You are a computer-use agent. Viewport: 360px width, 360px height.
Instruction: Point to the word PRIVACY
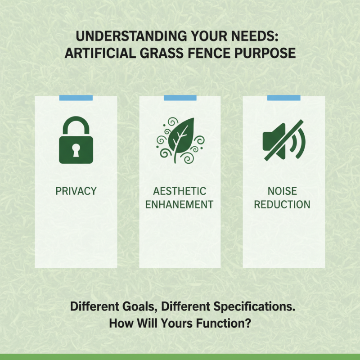pyautogui.click(x=76, y=191)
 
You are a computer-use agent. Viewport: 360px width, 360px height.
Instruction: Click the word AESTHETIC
pyautogui.click(x=180, y=191)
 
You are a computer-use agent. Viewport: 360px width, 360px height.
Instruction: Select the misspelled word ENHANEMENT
pyautogui.click(x=180, y=205)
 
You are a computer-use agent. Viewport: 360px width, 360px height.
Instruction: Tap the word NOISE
pyautogui.click(x=283, y=191)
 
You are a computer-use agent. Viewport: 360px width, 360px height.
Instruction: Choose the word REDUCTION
pyautogui.click(x=283, y=205)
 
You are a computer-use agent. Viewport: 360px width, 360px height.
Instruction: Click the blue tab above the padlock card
pyautogui.click(x=76, y=98)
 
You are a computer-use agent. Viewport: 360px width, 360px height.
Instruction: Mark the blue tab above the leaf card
pyautogui.click(x=180, y=98)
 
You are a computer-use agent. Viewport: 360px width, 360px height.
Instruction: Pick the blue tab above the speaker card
pyautogui.click(x=283, y=98)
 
